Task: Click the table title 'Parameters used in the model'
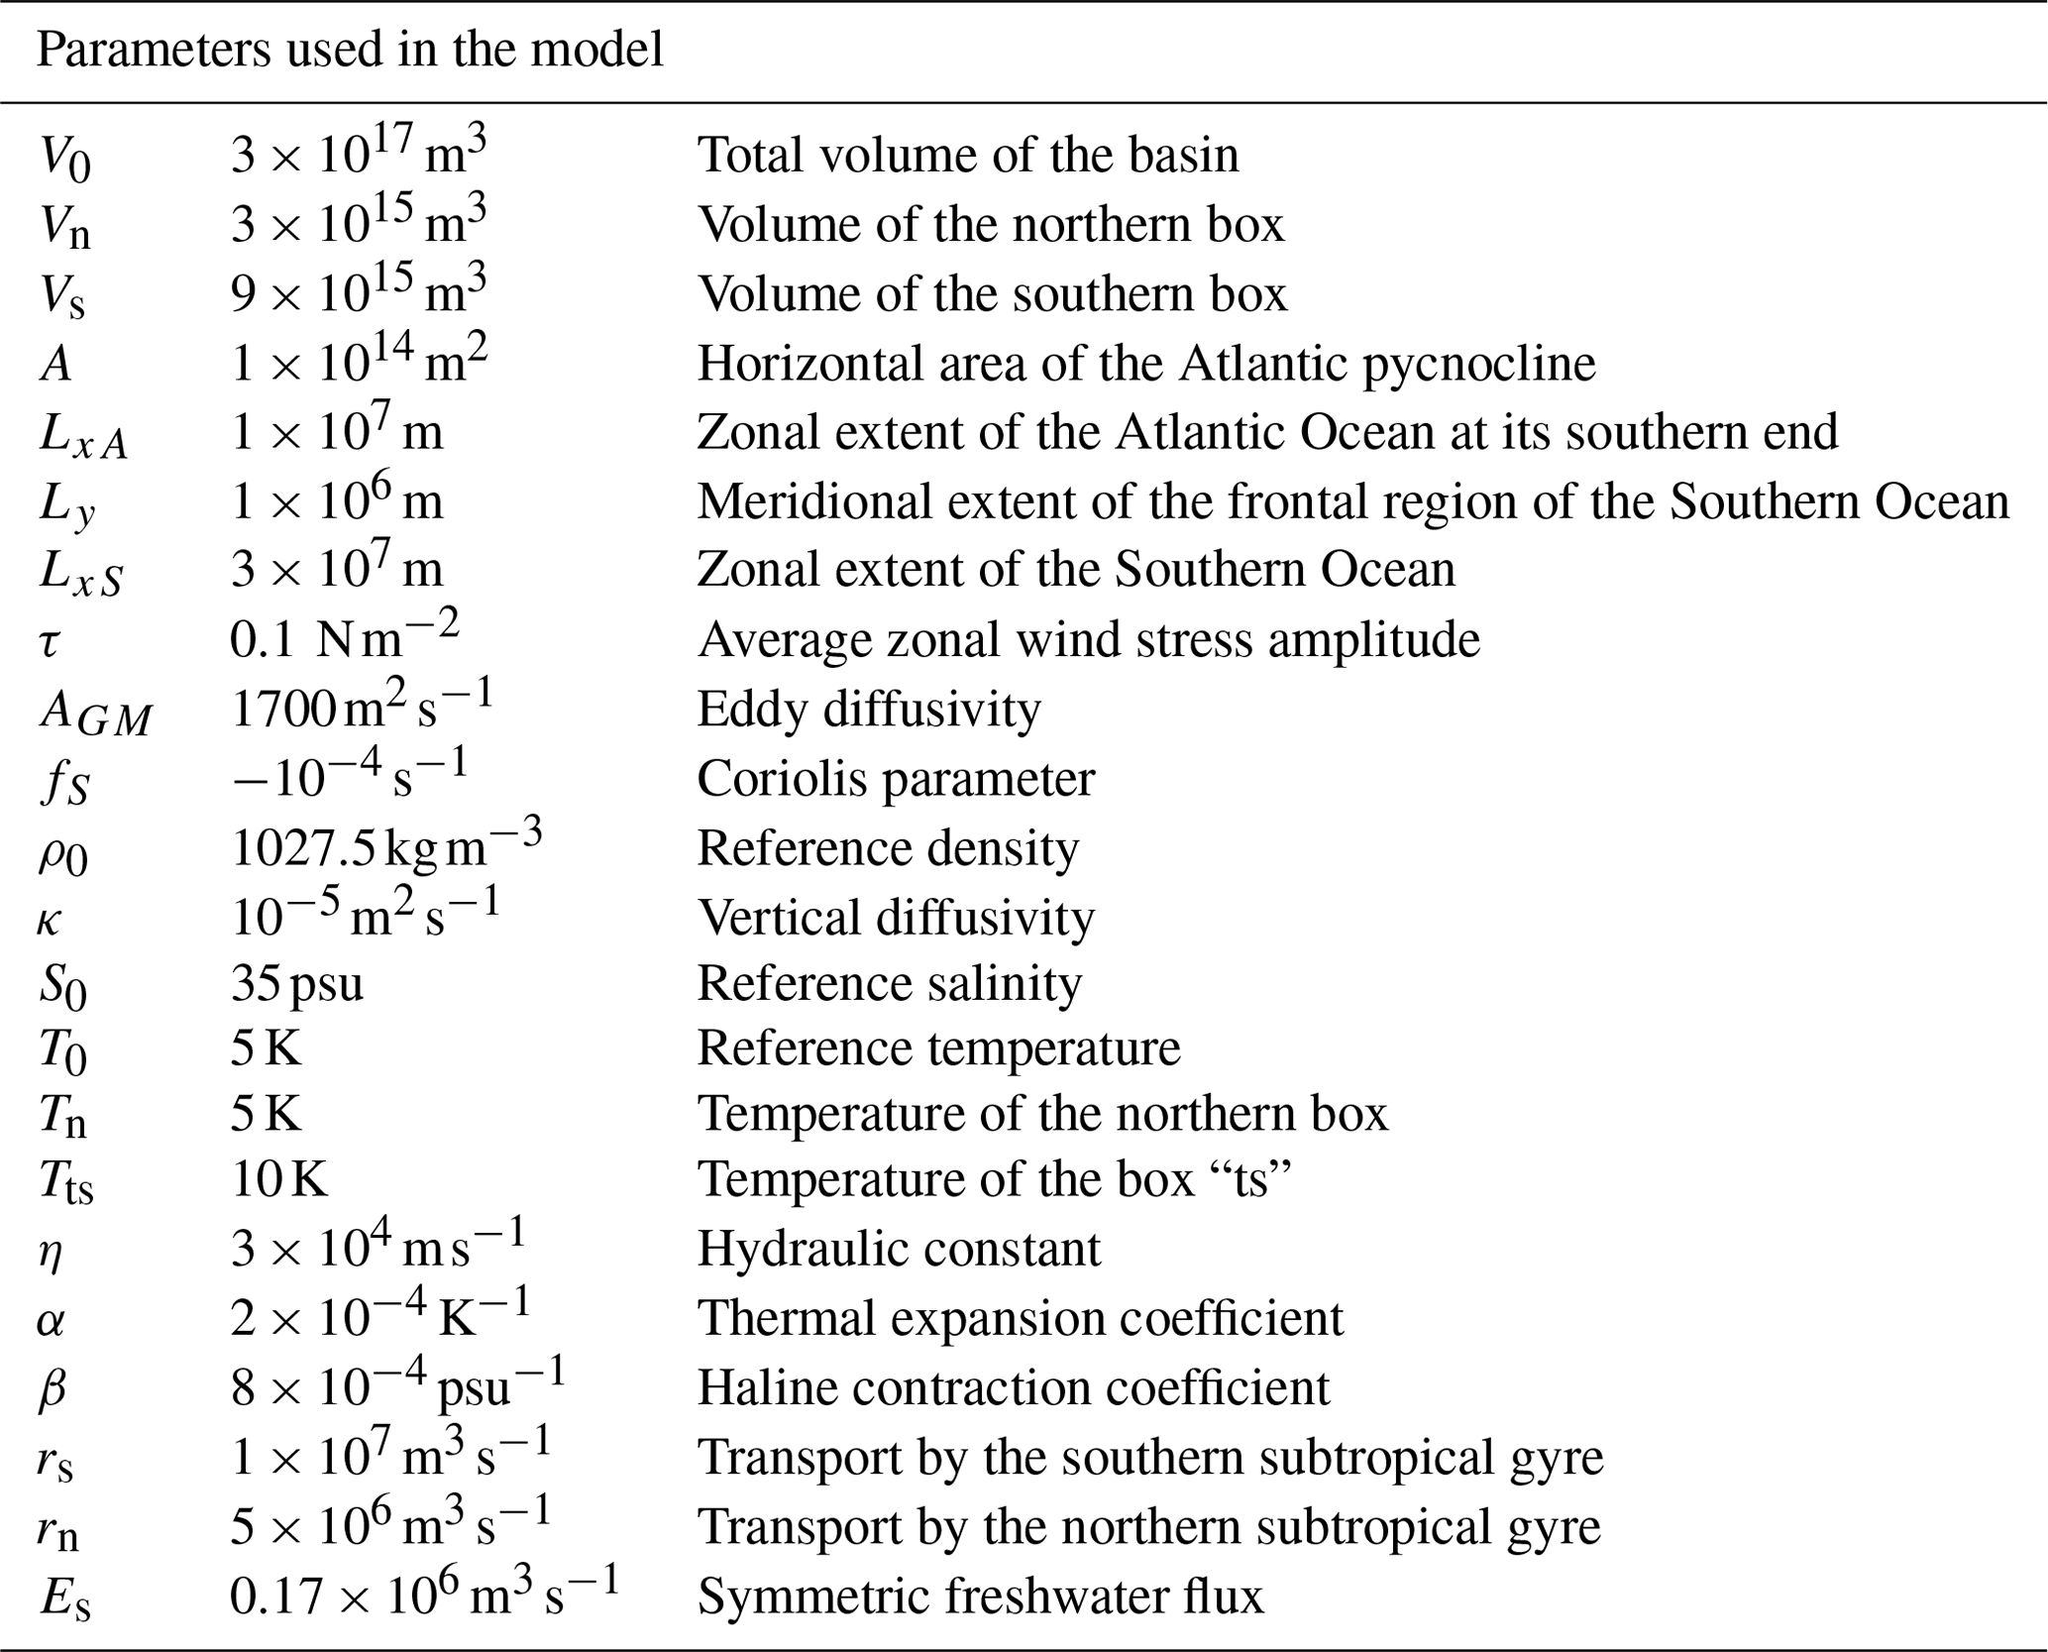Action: tap(350, 51)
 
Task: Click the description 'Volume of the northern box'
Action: tap(991, 225)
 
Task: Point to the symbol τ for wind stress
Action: tap(50, 642)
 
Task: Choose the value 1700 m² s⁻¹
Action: tap(362, 708)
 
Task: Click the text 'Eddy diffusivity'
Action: tap(869, 710)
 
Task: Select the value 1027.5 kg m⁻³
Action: tap(386, 847)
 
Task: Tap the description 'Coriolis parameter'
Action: tap(896, 779)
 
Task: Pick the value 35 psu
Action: tap(297, 984)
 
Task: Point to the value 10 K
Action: tap(279, 1180)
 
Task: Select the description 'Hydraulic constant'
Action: tap(899, 1250)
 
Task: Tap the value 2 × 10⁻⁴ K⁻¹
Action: tap(380, 1317)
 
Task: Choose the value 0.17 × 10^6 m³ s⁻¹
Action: tap(424, 1596)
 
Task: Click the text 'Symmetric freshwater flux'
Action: tap(981, 1597)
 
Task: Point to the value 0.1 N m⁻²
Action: tap(345, 639)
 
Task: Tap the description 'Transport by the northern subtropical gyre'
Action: tap(1149, 1527)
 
